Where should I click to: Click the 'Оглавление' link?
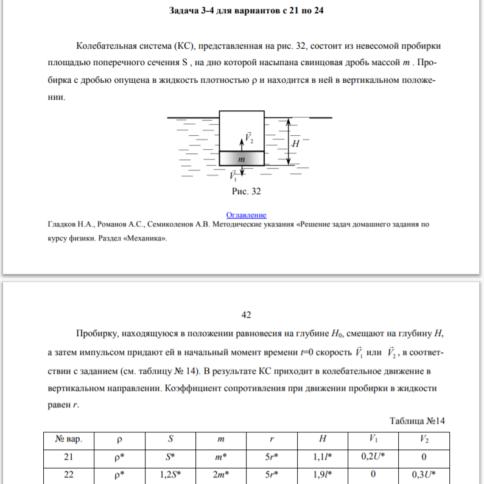246,215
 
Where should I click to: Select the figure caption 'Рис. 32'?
246,191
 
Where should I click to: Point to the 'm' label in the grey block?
242,158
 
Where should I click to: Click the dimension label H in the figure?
295,144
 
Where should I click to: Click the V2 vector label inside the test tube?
249,138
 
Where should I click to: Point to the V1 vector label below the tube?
234,177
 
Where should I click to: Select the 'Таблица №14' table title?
418,420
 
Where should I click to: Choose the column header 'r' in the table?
272,438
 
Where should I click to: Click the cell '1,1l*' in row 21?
322,457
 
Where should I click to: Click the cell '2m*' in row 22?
220,475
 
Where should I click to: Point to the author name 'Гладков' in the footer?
65,224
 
